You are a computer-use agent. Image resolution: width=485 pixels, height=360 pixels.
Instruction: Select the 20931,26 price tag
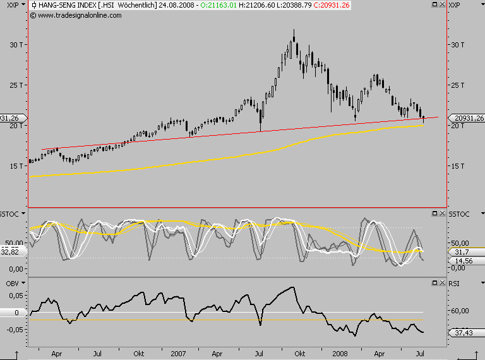tap(466, 118)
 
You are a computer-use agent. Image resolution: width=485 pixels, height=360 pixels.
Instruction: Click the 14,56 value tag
tap(464, 260)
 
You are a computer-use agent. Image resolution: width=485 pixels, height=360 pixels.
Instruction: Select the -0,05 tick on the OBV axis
tap(14, 328)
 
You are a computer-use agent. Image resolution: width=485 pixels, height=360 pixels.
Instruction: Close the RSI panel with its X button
tap(443, 282)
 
